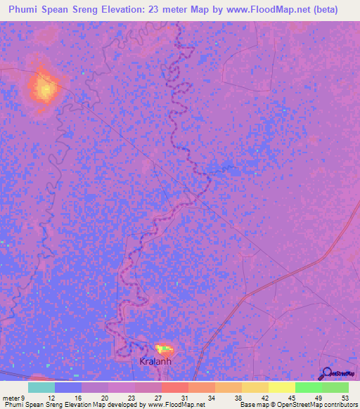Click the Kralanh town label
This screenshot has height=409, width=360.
pos(155,361)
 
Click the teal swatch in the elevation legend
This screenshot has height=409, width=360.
pos(41,387)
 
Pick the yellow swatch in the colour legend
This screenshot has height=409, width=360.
pos(281,387)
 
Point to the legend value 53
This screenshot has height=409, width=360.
pos(345,397)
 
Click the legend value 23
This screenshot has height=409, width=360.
pos(131,397)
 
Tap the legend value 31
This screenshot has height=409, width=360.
pos(184,397)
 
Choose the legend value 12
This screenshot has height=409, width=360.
pos(52,397)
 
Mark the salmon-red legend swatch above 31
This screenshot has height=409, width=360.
pos(174,387)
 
